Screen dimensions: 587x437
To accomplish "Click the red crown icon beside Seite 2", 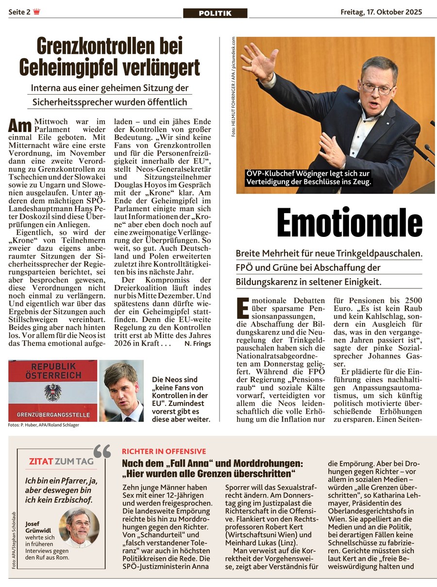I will point(37,12).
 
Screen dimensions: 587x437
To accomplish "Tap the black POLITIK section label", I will point(215,13).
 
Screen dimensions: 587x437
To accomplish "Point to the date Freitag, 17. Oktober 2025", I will point(381,12).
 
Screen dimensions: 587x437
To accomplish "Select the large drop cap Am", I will point(20,126).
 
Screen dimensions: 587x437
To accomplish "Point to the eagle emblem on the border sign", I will point(53,391).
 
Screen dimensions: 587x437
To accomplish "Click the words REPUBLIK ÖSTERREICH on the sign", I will point(53,370).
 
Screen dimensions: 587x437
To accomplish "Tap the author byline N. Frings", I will point(198,343).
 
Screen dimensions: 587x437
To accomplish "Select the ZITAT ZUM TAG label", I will point(61,461).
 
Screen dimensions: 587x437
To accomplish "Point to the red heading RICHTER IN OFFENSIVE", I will point(164,451).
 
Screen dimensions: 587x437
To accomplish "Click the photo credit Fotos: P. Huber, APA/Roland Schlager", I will point(43,425).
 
